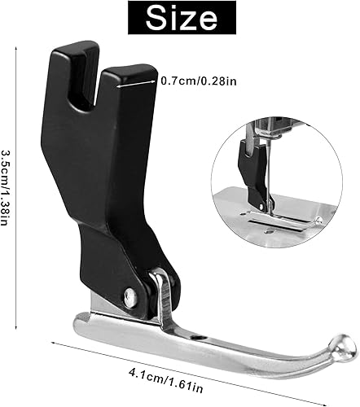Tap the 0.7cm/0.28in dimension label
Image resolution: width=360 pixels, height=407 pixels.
click(195, 81)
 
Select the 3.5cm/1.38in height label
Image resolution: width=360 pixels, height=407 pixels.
click(7, 190)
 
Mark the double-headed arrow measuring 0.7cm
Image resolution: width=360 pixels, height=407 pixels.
click(135, 78)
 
